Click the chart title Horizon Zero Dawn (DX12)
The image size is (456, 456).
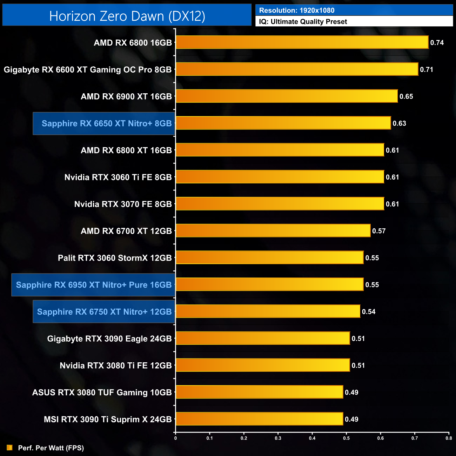click(x=127, y=16)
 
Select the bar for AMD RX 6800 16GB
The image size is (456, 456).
click(x=302, y=42)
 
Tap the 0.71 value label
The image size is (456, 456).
click(x=427, y=69)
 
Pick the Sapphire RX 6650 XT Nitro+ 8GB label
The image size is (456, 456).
click(x=107, y=123)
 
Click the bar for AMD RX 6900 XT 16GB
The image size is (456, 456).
click(x=287, y=96)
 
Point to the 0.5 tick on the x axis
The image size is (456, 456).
click(x=346, y=438)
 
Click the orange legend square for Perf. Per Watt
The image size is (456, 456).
click(x=9, y=448)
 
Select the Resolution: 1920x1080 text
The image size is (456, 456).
click(x=297, y=11)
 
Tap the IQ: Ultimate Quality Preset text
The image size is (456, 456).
click(x=303, y=22)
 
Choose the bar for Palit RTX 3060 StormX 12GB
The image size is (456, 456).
click(x=269, y=257)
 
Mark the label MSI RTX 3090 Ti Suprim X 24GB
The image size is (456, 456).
click(x=108, y=419)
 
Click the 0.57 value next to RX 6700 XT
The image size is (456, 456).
click(x=379, y=231)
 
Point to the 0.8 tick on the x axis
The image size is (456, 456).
click(x=449, y=438)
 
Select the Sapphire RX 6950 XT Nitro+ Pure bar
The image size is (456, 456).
click(x=269, y=284)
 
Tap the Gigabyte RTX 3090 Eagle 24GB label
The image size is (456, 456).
click(x=109, y=338)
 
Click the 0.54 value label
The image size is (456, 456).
click(x=369, y=311)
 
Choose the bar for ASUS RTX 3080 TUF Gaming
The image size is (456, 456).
click(x=259, y=392)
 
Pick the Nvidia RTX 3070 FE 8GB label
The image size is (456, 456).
click(x=123, y=204)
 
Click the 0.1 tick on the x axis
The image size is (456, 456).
click(x=209, y=438)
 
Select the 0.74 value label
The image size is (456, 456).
click(x=437, y=42)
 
